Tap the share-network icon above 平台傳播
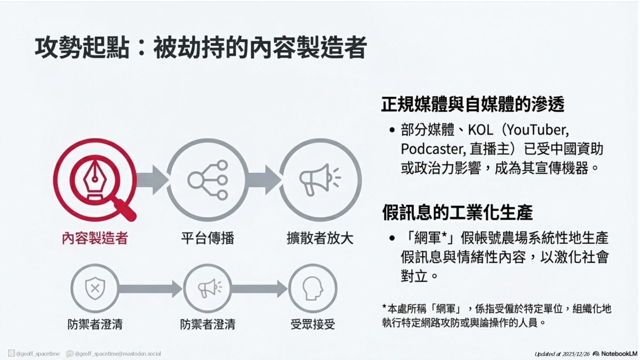coord(208,180)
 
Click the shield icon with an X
coord(95,288)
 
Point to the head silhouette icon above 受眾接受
coord(313,288)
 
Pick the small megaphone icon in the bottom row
coord(208,288)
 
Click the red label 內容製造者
coord(95,238)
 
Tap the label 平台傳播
coord(208,238)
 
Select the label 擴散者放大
coord(320,238)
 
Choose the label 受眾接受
coord(313,324)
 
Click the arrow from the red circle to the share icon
coord(152,180)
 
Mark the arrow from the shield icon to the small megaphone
coord(150,289)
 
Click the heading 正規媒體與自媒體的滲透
coord(473,104)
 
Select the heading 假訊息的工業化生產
coord(457,212)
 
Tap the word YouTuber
coord(536,130)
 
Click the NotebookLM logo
coord(615,354)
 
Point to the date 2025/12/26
coord(576,354)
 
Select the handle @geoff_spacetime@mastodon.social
coord(118,354)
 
